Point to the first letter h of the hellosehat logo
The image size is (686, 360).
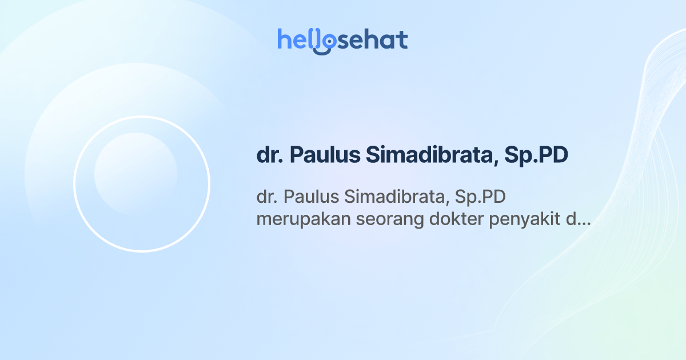click(283, 39)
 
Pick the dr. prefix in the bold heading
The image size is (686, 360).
click(270, 156)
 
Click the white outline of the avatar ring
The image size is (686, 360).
click(74, 184)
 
